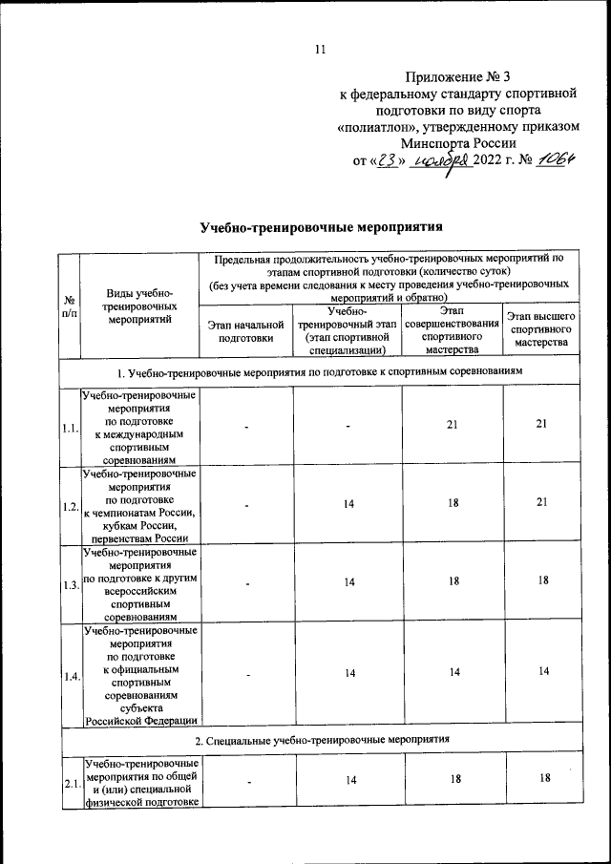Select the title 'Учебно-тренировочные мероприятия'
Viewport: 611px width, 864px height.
coord(322,227)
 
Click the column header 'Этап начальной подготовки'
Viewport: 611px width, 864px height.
coord(245,331)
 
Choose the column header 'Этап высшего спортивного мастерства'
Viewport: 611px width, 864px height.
coord(539,329)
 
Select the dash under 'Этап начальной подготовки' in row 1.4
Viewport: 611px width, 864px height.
coord(245,674)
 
